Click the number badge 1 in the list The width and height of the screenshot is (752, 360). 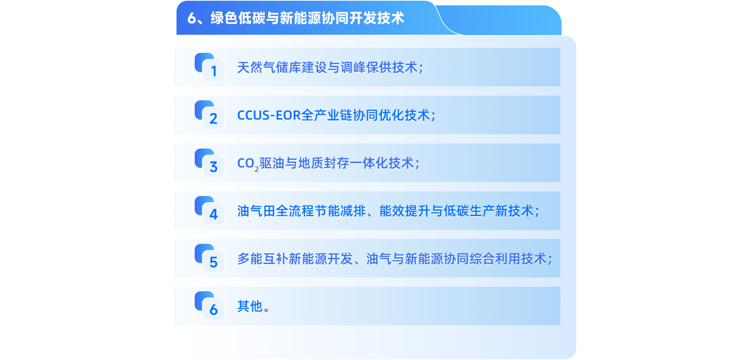click(x=210, y=67)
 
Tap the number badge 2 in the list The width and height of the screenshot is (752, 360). click(x=210, y=115)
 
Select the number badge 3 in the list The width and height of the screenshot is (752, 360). click(x=210, y=163)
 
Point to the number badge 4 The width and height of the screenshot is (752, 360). click(x=210, y=211)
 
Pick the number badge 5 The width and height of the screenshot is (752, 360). click(x=210, y=259)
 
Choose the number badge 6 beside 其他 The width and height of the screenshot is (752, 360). click(x=210, y=306)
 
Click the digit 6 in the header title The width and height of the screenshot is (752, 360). click(x=192, y=18)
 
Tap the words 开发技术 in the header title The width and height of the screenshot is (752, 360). click(x=377, y=18)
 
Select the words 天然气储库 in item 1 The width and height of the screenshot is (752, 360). click(x=269, y=67)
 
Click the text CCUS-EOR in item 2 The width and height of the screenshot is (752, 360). click(x=269, y=115)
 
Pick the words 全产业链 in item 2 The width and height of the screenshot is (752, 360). click(x=327, y=115)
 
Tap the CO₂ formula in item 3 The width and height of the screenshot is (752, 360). click(x=248, y=164)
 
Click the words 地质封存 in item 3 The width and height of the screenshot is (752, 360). click(x=324, y=163)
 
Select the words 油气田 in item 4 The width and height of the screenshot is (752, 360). click(x=256, y=211)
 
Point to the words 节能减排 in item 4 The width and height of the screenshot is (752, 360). click(x=340, y=211)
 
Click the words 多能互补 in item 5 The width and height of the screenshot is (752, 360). click(x=262, y=259)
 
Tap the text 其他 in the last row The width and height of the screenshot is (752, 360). click(x=250, y=306)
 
